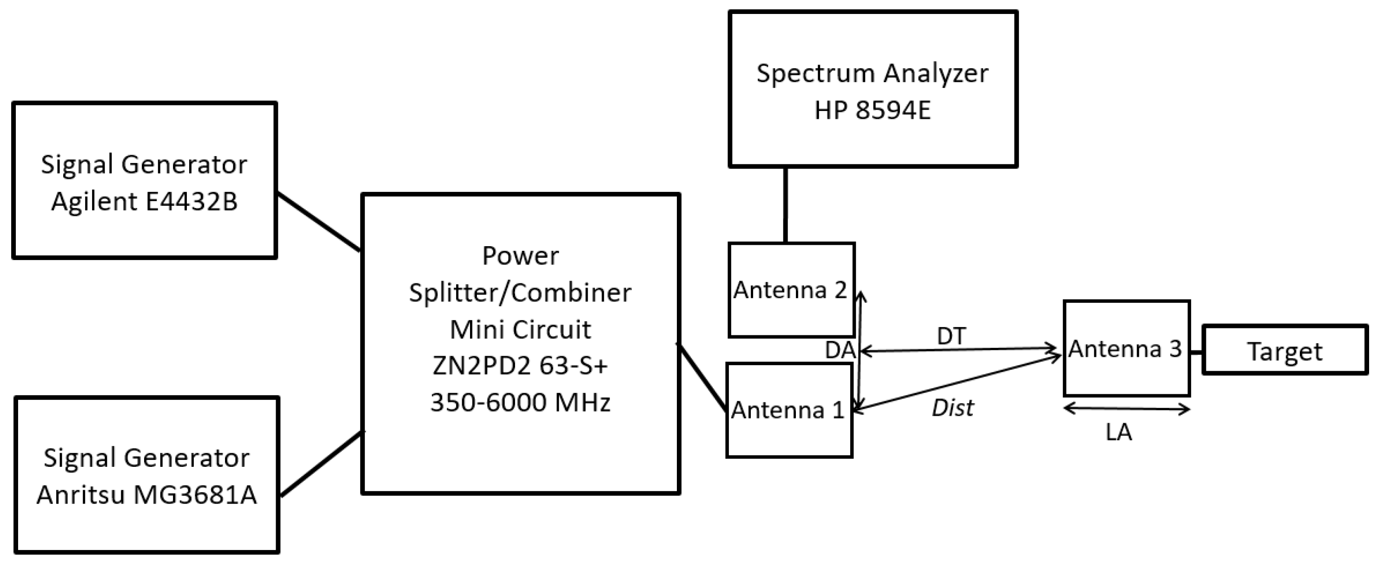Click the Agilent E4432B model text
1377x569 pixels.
(x=144, y=202)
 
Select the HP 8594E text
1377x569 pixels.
(x=873, y=111)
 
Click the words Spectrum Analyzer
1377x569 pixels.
(x=873, y=73)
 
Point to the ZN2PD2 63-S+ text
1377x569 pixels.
(x=520, y=366)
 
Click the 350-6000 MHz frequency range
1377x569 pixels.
(x=520, y=403)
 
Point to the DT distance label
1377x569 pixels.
(x=952, y=336)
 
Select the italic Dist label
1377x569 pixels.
(x=953, y=408)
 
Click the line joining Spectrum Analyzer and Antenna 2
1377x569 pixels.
(x=785, y=206)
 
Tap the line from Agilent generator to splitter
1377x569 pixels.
(x=319, y=222)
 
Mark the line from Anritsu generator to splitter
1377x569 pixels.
(x=321, y=464)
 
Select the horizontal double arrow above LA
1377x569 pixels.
(x=1127, y=409)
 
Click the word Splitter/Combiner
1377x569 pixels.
(x=520, y=293)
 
